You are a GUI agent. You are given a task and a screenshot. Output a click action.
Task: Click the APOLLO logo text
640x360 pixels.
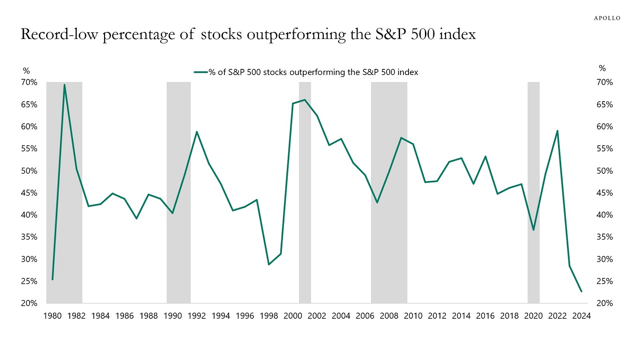pos(607,18)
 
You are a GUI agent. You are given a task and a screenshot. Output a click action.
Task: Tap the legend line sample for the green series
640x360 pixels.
pos(201,72)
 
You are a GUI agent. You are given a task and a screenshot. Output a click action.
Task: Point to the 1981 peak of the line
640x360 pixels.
pos(64,85)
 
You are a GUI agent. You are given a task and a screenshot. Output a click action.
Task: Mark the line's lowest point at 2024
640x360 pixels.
pos(581,292)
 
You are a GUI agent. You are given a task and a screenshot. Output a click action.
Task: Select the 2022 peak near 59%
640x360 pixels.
pos(557,131)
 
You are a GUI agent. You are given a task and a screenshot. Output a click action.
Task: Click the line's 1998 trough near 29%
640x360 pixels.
pos(269,265)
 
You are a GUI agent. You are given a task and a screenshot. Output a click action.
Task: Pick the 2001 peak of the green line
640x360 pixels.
pos(305,100)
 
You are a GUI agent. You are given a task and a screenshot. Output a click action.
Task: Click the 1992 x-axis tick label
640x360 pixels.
pos(197,316)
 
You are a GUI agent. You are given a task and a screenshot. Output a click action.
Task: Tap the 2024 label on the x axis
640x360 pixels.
pos(581,316)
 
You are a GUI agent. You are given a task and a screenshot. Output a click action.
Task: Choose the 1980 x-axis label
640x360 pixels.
pos(52,316)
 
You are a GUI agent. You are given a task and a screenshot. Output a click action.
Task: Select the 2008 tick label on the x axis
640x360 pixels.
pos(389,316)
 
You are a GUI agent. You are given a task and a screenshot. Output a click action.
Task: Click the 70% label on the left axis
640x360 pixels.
pos(29,82)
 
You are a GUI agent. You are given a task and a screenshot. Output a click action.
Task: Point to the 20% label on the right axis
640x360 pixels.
pos(603,303)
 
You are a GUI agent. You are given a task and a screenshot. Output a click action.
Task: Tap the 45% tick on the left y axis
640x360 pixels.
pos(29,193)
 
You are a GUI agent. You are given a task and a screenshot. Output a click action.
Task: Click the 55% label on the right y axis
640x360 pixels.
pos(603,149)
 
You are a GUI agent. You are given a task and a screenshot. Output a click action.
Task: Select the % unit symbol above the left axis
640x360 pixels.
pos(26,71)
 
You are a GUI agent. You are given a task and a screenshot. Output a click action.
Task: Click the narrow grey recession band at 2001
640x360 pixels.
pos(305,197)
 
